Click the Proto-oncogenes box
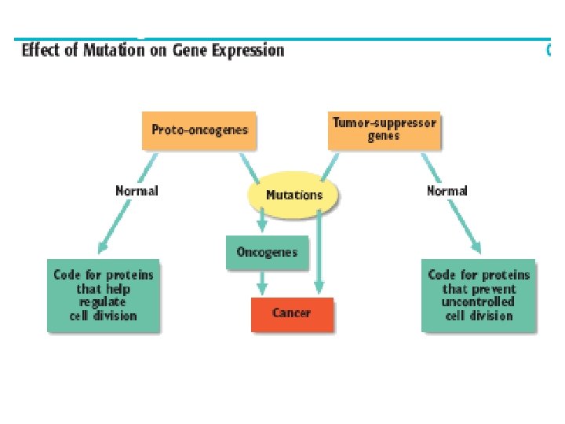(199, 130)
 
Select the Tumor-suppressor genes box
(384, 130)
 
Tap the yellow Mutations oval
(293, 195)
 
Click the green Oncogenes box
(267, 253)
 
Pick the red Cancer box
(292, 313)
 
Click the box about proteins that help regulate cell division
(103, 295)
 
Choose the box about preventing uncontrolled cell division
(479, 295)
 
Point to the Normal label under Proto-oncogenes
(137, 191)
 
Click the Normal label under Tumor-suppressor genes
(447, 191)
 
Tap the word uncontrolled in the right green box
(478, 302)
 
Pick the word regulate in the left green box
(102, 302)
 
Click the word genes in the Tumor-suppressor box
(384, 137)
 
